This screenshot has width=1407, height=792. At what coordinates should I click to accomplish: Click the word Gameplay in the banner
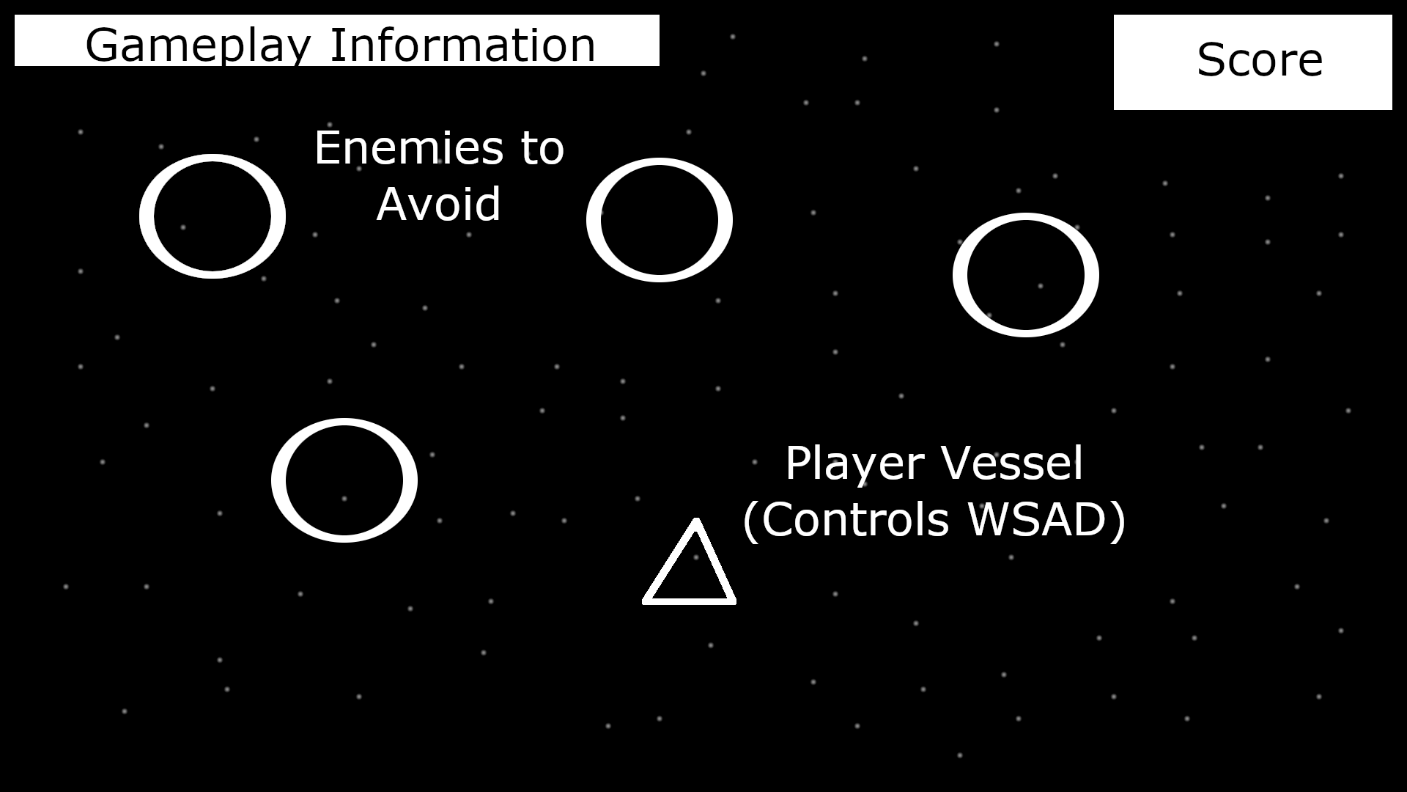coord(199,45)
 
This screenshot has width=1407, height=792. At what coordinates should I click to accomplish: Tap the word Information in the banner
coord(462,45)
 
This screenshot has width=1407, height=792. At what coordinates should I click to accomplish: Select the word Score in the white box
coord(1259,60)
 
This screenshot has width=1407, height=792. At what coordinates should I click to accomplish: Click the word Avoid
coord(438,204)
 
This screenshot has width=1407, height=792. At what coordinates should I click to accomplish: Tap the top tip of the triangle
coord(695,521)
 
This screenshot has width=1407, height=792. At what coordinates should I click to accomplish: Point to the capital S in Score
coord(1211,60)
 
